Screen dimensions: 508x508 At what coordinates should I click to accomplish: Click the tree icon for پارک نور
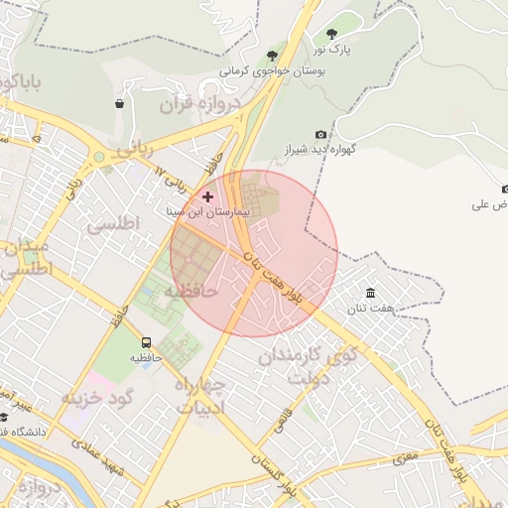(331, 34)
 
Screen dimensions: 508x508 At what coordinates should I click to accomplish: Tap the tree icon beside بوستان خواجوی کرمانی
(272, 55)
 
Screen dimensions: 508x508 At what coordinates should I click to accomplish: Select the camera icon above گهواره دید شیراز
(320, 134)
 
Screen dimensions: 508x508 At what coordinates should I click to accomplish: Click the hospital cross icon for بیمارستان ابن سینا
(207, 196)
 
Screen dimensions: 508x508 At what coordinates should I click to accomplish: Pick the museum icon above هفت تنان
(370, 293)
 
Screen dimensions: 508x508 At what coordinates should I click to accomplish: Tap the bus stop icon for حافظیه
(147, 342)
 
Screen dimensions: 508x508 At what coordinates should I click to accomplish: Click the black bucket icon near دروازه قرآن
(120, 102)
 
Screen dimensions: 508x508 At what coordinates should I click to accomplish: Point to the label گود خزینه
(96, 398)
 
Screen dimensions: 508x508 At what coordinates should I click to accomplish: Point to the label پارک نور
(334, 49)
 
